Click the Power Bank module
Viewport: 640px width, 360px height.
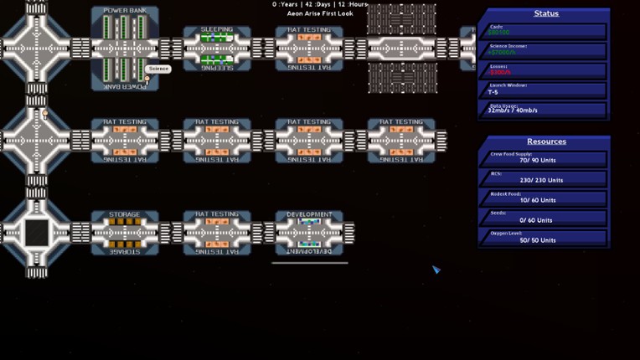point(125,47)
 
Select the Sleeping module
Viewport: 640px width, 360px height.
point(217,48)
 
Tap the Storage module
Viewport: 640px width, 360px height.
point(125,232)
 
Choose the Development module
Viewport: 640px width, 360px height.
point(309,232)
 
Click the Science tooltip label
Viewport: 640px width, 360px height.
point(158,69)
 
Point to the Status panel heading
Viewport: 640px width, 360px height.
point(546,13)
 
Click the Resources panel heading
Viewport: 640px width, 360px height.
point(546,141)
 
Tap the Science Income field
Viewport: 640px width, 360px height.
point(545,50)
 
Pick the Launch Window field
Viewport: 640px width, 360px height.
point(545,90)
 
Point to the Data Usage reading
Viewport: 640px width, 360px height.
point(545,109)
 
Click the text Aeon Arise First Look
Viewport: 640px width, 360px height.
point(319,14)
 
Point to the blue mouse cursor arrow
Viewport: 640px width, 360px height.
point(436,269)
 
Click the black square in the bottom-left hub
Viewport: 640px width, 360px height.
point(36,232)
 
